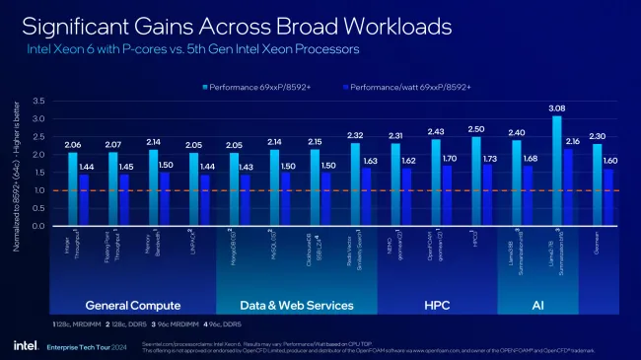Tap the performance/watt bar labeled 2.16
[x=570, y=187]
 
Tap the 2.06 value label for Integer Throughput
[x=72, y=144]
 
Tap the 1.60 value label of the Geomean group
[x=611, y=161]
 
